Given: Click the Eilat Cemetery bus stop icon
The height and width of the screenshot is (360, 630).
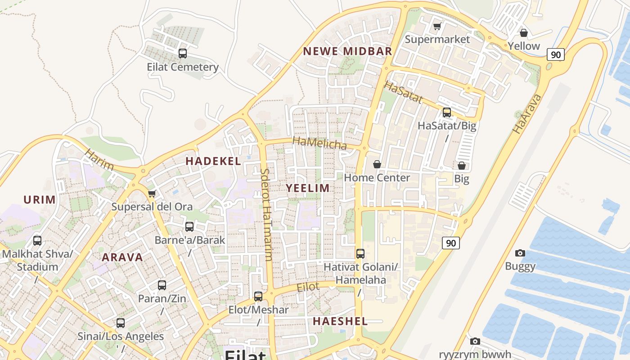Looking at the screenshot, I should pyautogui.click(x=182, y=54).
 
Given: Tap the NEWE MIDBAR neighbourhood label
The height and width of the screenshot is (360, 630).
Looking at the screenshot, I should pyautogui.click(x=347, y=51).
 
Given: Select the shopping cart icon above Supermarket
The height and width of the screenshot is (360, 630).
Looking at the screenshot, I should pyautogui.click(x=437, y=26).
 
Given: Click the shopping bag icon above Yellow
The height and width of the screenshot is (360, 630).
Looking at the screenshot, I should pyautogui.click(x=523, y=33).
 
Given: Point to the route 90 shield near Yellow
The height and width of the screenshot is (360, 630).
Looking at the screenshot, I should pyautogui.click(x=556, y=55).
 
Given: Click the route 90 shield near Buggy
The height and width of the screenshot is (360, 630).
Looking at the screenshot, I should pyautogui.click(x=451, y=243).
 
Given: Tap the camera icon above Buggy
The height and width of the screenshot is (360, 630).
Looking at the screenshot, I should pyautogui.click(x=520, y=253).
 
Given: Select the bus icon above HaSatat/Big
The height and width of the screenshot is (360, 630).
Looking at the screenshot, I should pyautogui.click(x=446, y=112).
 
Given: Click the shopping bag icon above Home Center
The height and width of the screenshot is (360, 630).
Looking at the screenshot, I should pyautogui.click(x=377, y=165).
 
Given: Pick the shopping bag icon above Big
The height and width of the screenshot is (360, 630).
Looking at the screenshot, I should pyautogui.click(x=461, y=166).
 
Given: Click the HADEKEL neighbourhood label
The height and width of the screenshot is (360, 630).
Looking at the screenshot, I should pyautogui.click(x=213, y=161).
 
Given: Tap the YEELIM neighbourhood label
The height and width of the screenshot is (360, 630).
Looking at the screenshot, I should pyautogui.click(x=308, y=188).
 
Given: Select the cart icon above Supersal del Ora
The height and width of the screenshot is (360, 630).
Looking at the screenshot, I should pyautogui.click(x=152, y=194).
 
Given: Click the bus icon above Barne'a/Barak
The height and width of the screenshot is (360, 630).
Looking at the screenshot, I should pyautogui.click(x=189, y=227).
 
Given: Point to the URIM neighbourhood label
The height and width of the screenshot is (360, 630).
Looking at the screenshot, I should pyautogui.click(x=40, y=200).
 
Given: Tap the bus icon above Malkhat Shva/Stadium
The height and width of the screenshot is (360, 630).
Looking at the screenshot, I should pyautogui.click(x=37, y=241).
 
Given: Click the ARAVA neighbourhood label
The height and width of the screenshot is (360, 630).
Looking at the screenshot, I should pyautogui.click(x=122, y=257).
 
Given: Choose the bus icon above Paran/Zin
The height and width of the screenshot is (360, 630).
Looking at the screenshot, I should pyautogui.click(x=162, y=285).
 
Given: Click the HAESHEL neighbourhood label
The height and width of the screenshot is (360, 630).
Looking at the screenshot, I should pyautogui.click(x=340, y=321).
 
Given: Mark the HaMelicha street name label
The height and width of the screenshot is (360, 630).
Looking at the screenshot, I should pyautogui.click(x=319, y=143).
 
